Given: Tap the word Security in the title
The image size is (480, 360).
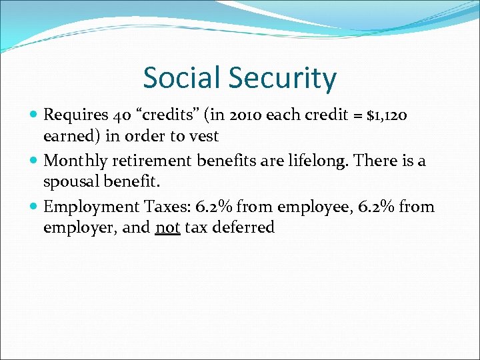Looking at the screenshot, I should coord(283,79).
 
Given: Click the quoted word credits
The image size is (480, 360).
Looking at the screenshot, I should coord(158,115).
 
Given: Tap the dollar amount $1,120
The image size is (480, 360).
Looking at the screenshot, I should coord(381,115).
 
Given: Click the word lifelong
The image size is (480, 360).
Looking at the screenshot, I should coord(325,161).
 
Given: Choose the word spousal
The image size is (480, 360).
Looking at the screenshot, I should coord(71,182).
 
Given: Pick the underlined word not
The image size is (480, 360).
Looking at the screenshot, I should coord(167,227).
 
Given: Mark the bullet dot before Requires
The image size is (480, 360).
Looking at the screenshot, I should coord(34,115).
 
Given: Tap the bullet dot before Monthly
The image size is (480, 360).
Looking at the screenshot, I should coord(34,161).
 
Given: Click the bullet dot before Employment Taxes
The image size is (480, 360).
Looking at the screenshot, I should coord(34,207).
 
